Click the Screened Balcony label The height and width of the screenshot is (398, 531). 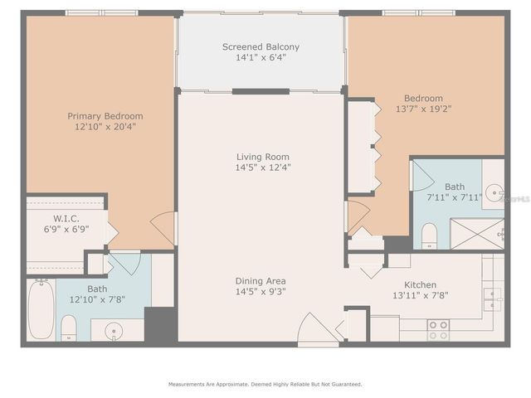point(261,47)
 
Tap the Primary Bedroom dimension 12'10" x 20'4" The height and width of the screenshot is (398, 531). point(105,128)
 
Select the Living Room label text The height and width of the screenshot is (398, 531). point(263,156)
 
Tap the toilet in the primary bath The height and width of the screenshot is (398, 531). point(69,328)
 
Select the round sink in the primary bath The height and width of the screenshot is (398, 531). point(112,332)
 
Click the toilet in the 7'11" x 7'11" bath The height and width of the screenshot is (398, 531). point(429,236)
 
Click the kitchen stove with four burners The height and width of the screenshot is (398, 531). point(438,329)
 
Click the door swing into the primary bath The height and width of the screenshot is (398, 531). point(124,264)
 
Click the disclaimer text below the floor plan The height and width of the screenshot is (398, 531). point(265,384)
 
